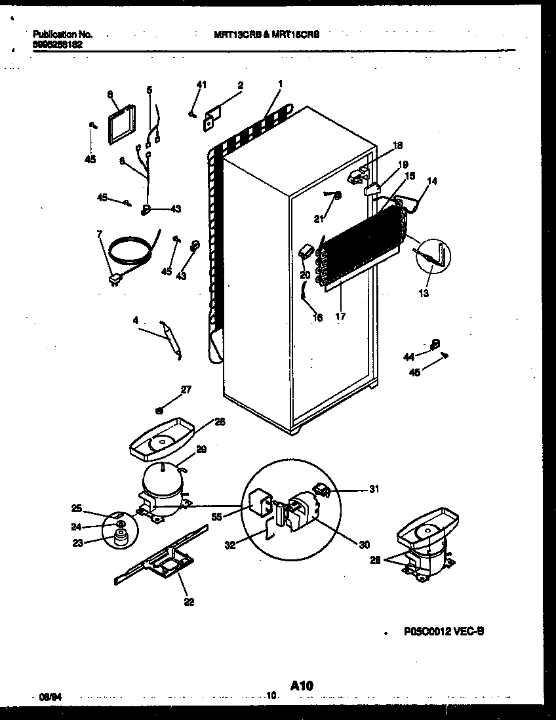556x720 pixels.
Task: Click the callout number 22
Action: coord(189,603)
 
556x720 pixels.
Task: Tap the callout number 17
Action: coord(340,316)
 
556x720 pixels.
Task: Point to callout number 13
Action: coord(424,293)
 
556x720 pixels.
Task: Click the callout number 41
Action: coord(201,84)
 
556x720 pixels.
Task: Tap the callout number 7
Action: coord(100,235)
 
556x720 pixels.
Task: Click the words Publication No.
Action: coord(62,34)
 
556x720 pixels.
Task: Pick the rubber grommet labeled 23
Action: coord(119,538)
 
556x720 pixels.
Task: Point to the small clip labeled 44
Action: coord(435,343)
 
